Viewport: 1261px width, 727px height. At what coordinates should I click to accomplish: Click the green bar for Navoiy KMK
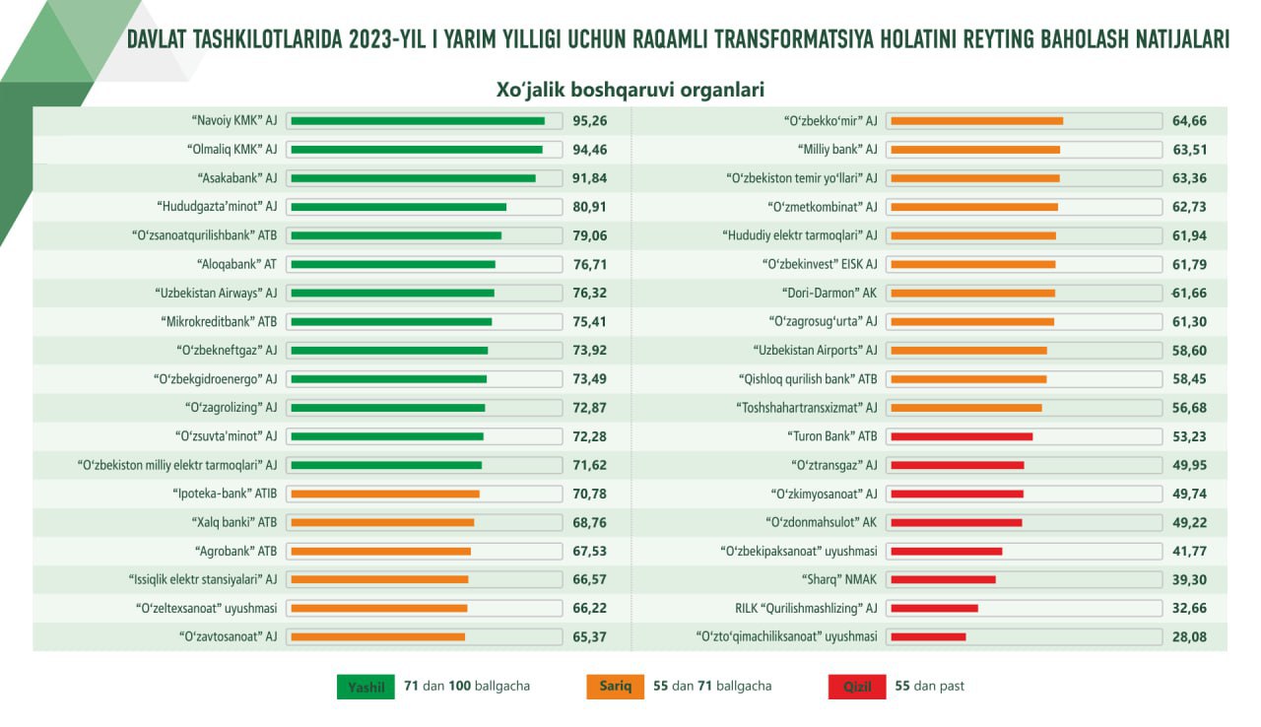pos(418,121)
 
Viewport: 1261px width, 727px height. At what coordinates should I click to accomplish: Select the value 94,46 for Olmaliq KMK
pos(589,150)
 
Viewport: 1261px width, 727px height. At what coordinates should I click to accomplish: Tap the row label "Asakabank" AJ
pos(237,178)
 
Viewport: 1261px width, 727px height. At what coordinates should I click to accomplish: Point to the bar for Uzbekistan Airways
pos(392,294)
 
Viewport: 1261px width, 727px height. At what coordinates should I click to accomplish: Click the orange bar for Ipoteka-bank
pos(385,495)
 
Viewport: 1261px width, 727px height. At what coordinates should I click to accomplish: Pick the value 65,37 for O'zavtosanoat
pos(589,637)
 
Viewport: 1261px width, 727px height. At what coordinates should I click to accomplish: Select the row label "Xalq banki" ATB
pos(234,522)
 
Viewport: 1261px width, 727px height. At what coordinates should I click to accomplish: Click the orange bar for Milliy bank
pos(975,150)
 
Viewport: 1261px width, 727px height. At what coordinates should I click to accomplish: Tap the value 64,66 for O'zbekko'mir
pos(1189,121)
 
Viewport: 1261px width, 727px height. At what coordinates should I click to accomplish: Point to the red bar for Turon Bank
pos(962,436)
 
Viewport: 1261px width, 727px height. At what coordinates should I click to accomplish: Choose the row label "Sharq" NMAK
pos(839,579)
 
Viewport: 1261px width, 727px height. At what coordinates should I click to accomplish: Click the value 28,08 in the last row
pos(1189,637)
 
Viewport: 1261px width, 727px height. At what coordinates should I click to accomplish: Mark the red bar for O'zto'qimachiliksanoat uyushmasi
pos(928,637)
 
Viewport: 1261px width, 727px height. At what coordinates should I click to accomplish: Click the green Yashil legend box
pos(365,687)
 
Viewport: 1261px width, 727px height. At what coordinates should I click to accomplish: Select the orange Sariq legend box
pos(616,687)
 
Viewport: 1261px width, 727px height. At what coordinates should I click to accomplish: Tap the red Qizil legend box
pos(857,687)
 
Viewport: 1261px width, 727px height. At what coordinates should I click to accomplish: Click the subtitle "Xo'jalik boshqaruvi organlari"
pos(630,90)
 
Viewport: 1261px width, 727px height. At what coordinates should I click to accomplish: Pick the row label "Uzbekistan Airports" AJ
pos(815,351)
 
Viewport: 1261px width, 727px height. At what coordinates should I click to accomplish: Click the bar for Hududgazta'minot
pos(399,207)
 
